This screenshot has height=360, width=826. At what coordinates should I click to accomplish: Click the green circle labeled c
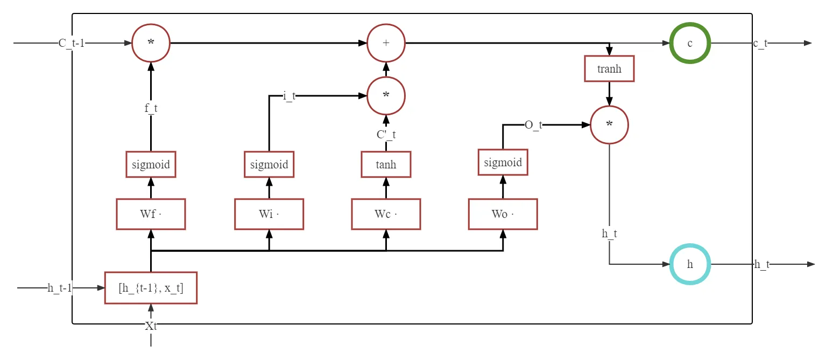(x=690, y=24)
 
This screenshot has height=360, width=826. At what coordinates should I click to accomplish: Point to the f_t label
(x=151, y=108)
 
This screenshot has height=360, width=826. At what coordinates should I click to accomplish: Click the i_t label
(x=290, y=96)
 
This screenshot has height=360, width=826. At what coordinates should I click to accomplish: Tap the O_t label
(x=534, y=125)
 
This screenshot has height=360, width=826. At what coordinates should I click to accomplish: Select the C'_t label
(x=386, y=135)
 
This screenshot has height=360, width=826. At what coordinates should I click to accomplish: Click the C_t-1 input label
(x=72, y=43)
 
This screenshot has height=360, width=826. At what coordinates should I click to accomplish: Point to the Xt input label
(x=151, y=326)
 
